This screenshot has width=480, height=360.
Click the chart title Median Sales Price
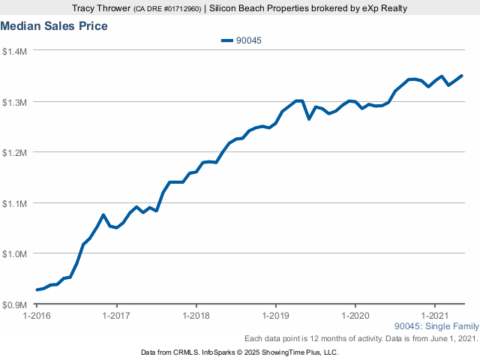tap(54, 26)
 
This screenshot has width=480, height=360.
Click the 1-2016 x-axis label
tap(37, 315)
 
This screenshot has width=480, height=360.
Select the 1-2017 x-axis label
tap(116, 315)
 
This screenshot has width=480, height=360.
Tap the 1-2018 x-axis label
tap(196, 315)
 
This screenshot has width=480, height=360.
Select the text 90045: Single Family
tap(436, 327)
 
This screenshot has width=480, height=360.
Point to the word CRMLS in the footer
tap(184, 352)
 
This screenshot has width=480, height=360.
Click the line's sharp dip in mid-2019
tap(309, 118)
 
